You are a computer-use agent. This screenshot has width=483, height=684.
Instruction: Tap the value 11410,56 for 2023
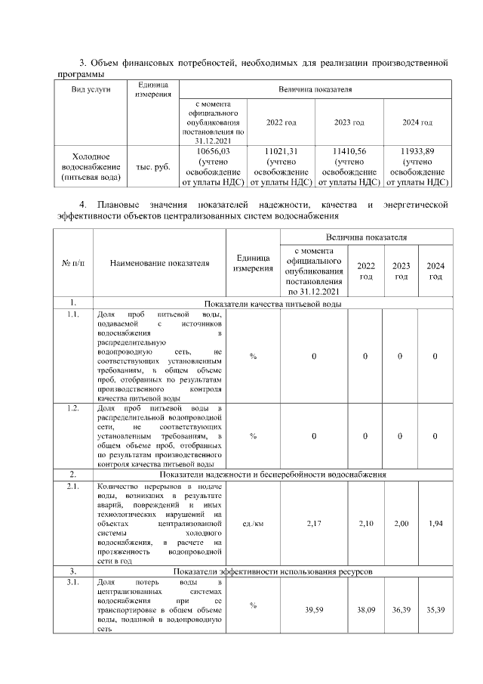point(349,151)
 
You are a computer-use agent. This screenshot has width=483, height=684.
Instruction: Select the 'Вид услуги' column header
point(91,89)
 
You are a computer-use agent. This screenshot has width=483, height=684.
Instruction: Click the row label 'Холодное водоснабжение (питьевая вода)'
point(91,166)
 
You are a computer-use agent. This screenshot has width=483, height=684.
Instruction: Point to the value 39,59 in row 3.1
point(313,609)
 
